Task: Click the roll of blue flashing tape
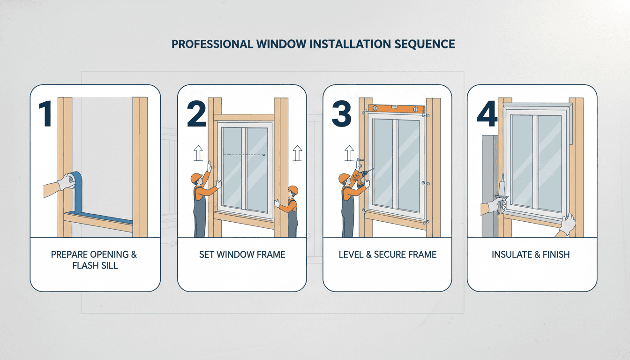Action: (x=70, y=179)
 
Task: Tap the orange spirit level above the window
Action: (x=397, y=109)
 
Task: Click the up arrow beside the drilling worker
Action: (x=348, y=153)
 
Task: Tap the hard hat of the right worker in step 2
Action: (x=293, y=190)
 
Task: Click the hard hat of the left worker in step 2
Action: (x=196, y=178)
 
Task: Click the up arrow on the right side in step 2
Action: (x=296, y=153)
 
